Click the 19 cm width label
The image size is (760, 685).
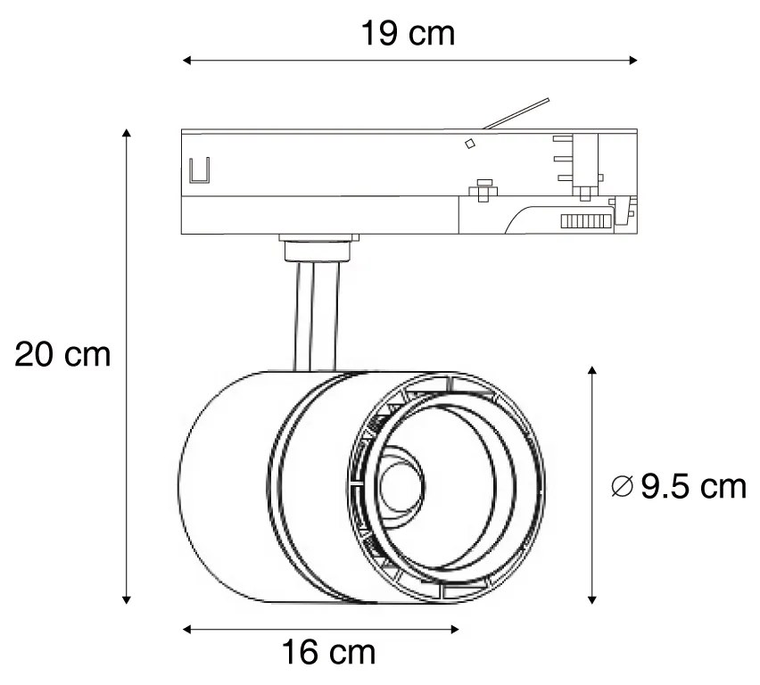coord(408,33)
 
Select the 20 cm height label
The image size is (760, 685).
coord(62,355)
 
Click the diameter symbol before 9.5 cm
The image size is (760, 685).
coord(623,488)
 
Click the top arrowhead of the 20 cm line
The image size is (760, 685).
coord(127,134)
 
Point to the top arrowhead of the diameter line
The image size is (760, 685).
coord(592,370)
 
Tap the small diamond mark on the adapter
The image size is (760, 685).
coord(469,143)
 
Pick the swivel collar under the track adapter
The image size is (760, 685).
coord(318,247)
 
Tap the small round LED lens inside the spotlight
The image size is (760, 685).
coord(392,487)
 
